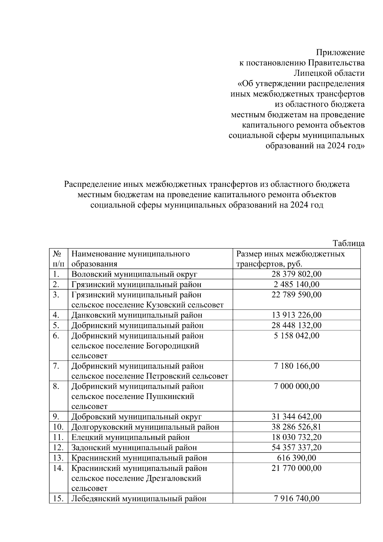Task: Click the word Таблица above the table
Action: click(349, 243)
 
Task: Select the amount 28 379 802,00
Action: click(297, 274)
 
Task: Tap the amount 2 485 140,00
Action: click(297, 284)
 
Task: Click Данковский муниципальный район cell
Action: click(137, 315)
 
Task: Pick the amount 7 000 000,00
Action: click(297, 386)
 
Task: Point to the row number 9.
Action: click(56, 417)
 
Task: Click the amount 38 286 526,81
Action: click(297, 427)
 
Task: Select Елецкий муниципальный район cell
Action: click(130, 437)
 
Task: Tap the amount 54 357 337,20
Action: click(297, 447)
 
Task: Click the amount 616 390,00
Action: click(297, 458)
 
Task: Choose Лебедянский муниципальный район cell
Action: click(139, 499)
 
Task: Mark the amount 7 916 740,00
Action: click(297, 499)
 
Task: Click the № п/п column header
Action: click(58, 259)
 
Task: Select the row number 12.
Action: click(58, 447)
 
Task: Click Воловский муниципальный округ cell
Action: click(134, 274)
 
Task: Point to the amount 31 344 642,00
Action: click(297, 417)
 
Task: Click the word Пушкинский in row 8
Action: click(170, 396)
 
